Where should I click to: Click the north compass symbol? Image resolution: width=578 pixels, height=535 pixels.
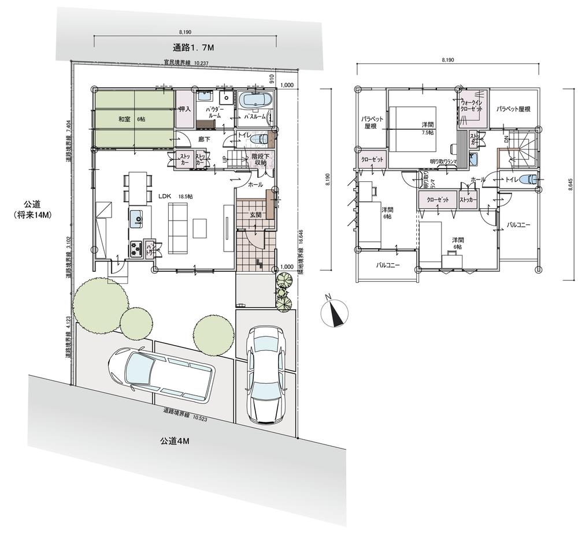334,312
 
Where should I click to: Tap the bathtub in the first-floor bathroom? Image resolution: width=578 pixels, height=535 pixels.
255,100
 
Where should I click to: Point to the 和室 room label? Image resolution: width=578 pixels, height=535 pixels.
125,118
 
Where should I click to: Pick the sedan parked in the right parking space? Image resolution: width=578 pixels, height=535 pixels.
265,373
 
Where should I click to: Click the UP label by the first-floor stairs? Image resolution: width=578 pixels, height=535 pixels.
225,158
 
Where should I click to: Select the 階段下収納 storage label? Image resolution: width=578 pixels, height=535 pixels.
258,159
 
